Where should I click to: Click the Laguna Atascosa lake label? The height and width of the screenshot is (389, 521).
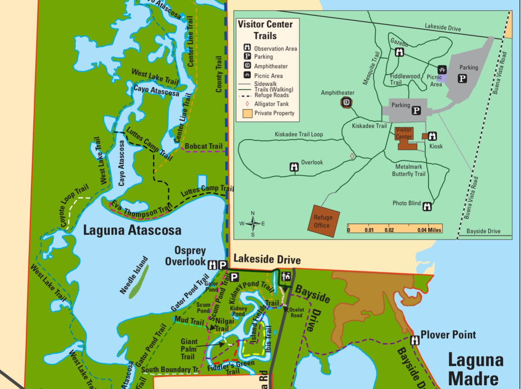[132, 230]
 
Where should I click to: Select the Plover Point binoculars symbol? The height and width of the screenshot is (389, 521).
[414, 340]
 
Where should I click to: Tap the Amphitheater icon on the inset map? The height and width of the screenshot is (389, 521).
[346, 102]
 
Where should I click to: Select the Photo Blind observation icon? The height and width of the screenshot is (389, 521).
[427, 207]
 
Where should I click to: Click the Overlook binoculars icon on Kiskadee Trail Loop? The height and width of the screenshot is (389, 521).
[294, 167]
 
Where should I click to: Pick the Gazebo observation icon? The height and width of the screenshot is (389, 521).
[399, 52]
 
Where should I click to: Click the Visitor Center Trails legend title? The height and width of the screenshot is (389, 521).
[265, 30]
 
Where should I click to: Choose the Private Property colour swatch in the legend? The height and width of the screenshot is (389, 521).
[247, 114]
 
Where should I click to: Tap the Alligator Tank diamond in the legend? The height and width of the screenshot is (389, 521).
[247, 104]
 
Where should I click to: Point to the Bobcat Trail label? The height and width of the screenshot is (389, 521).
[204, 146]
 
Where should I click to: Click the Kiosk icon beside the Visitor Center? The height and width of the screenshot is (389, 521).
[432, 136]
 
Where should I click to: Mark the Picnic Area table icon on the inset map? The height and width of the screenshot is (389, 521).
[442, 70]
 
